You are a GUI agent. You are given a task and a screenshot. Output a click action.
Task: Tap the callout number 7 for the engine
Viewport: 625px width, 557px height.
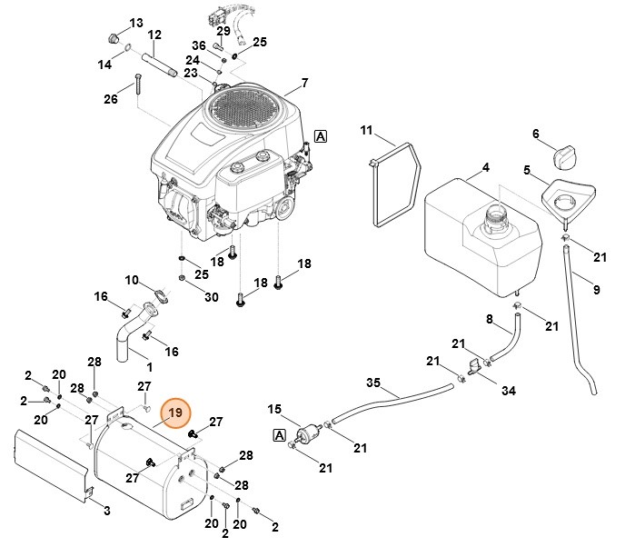pos(305,84)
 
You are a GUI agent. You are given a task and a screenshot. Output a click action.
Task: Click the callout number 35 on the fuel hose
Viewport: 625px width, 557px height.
pos(372,382)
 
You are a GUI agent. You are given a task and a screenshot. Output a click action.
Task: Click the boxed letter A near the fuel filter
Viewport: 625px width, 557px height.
pos(279,435)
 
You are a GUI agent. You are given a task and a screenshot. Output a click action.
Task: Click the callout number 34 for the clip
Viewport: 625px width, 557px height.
pos(508,391)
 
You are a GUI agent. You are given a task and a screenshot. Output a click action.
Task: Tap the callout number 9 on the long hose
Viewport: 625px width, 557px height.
pos(596,290)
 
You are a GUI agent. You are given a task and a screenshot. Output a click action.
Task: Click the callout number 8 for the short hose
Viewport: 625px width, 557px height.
pos(489,319)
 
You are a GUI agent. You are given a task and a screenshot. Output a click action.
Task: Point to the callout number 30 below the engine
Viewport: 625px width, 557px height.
pos(211,297)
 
